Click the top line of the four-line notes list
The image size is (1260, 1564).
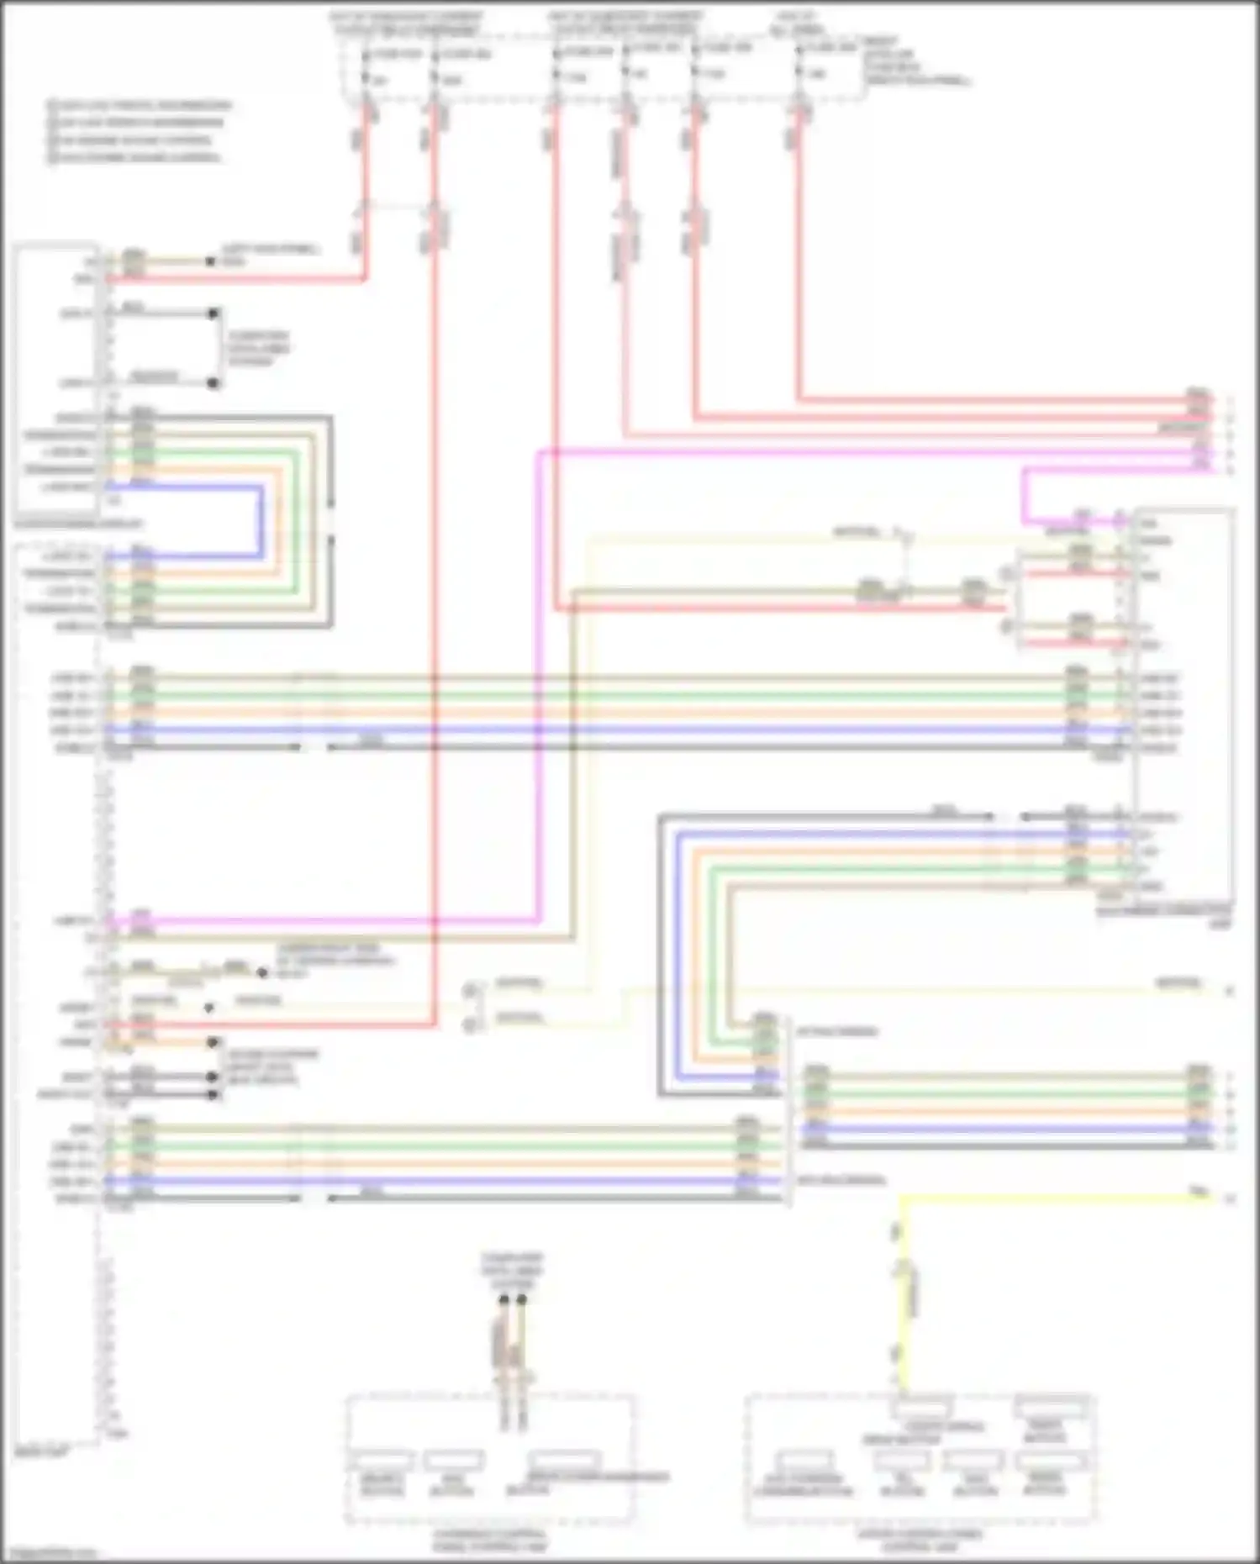[139, 106]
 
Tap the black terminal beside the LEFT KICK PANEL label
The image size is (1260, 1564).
[211, 261]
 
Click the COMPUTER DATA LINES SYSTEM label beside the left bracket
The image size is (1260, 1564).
[258, 348]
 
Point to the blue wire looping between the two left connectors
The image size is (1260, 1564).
[261, 521]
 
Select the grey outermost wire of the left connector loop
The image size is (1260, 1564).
[330, 521]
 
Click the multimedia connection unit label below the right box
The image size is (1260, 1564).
[1164, 915]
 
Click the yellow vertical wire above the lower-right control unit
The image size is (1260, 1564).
[902, 1294]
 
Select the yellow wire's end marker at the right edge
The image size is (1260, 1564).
[1230, 1198]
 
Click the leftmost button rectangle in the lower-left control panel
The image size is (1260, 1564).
[382, 1461]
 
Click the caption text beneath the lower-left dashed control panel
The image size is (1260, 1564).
[490, 1540]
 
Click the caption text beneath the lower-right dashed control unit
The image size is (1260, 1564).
[920, 1540]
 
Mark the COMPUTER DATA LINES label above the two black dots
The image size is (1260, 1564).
[512, 1270]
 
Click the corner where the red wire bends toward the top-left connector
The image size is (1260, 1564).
[365, 278]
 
